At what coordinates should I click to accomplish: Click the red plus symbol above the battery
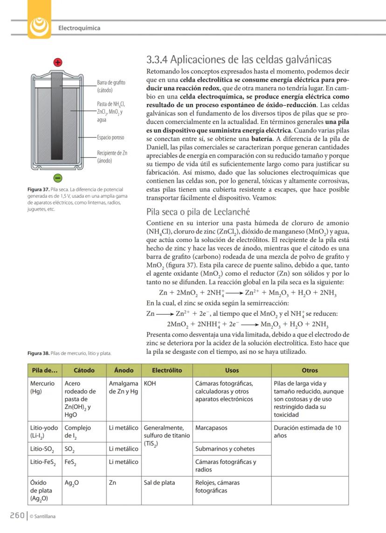click(58, 62)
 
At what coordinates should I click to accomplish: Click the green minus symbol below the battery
click(57, 178)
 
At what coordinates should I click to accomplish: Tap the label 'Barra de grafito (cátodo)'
click(111, 86)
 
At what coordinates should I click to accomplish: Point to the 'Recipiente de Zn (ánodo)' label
click(112, 157)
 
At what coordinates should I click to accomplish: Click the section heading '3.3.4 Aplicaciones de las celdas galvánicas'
click(239, 60)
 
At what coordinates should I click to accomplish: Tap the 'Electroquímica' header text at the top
click(79, 28)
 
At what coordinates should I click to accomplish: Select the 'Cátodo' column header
click(84, 370)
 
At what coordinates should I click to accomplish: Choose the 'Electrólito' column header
click(166, 370)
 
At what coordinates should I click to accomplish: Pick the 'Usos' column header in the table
click(232, 370)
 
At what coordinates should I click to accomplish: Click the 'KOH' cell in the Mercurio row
click(151, 383)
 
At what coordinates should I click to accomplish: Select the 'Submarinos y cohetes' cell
click(225, 449)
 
